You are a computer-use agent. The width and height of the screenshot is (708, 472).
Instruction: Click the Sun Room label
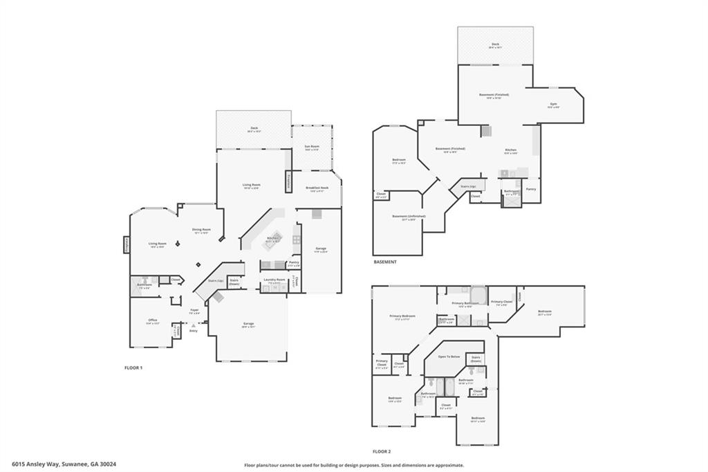312,147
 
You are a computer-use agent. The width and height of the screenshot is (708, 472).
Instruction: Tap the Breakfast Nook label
317,188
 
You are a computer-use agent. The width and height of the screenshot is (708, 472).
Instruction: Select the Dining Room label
201,230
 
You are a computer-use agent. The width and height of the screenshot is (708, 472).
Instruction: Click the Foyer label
194,310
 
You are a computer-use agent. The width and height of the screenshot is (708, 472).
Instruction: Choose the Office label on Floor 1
153,320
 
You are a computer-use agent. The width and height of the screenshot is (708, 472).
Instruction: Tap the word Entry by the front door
194,331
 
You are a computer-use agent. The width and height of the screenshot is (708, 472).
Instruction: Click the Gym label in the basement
553,105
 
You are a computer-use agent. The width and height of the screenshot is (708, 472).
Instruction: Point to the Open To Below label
449,356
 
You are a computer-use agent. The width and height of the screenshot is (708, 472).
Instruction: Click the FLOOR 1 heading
133,367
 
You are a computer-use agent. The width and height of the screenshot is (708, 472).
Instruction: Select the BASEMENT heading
385,262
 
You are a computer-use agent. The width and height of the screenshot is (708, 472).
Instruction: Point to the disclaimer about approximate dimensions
353,465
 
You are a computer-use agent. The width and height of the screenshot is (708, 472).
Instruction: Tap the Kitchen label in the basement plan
510,150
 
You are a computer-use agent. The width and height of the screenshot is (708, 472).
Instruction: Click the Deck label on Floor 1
254,128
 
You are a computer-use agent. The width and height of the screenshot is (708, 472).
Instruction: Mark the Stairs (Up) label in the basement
468,186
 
